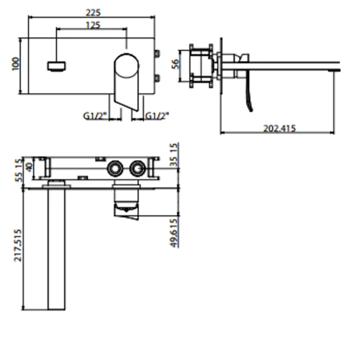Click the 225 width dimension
tap(93, 12)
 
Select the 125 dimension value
tap(93, 25)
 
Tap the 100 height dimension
tap(15, 64)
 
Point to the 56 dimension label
tap(175, 64)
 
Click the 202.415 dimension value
tap(279, 128)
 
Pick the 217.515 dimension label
tap(18, 245)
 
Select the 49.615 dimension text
tap(174, 233)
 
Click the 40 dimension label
tap(29, 167)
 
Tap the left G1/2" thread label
tap(95, 116)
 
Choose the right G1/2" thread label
tap(157, 116)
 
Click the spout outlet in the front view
tap(57, 66)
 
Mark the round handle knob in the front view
tap(127, 66)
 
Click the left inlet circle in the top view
tap(115, 169)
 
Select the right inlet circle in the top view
tap(137, 169)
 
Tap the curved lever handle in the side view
tap(249, 92)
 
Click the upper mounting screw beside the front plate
tap(157, 53)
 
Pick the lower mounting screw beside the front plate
tap(157, 78)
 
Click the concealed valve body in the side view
tap(202, 66)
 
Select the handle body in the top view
tap(127, 200)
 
